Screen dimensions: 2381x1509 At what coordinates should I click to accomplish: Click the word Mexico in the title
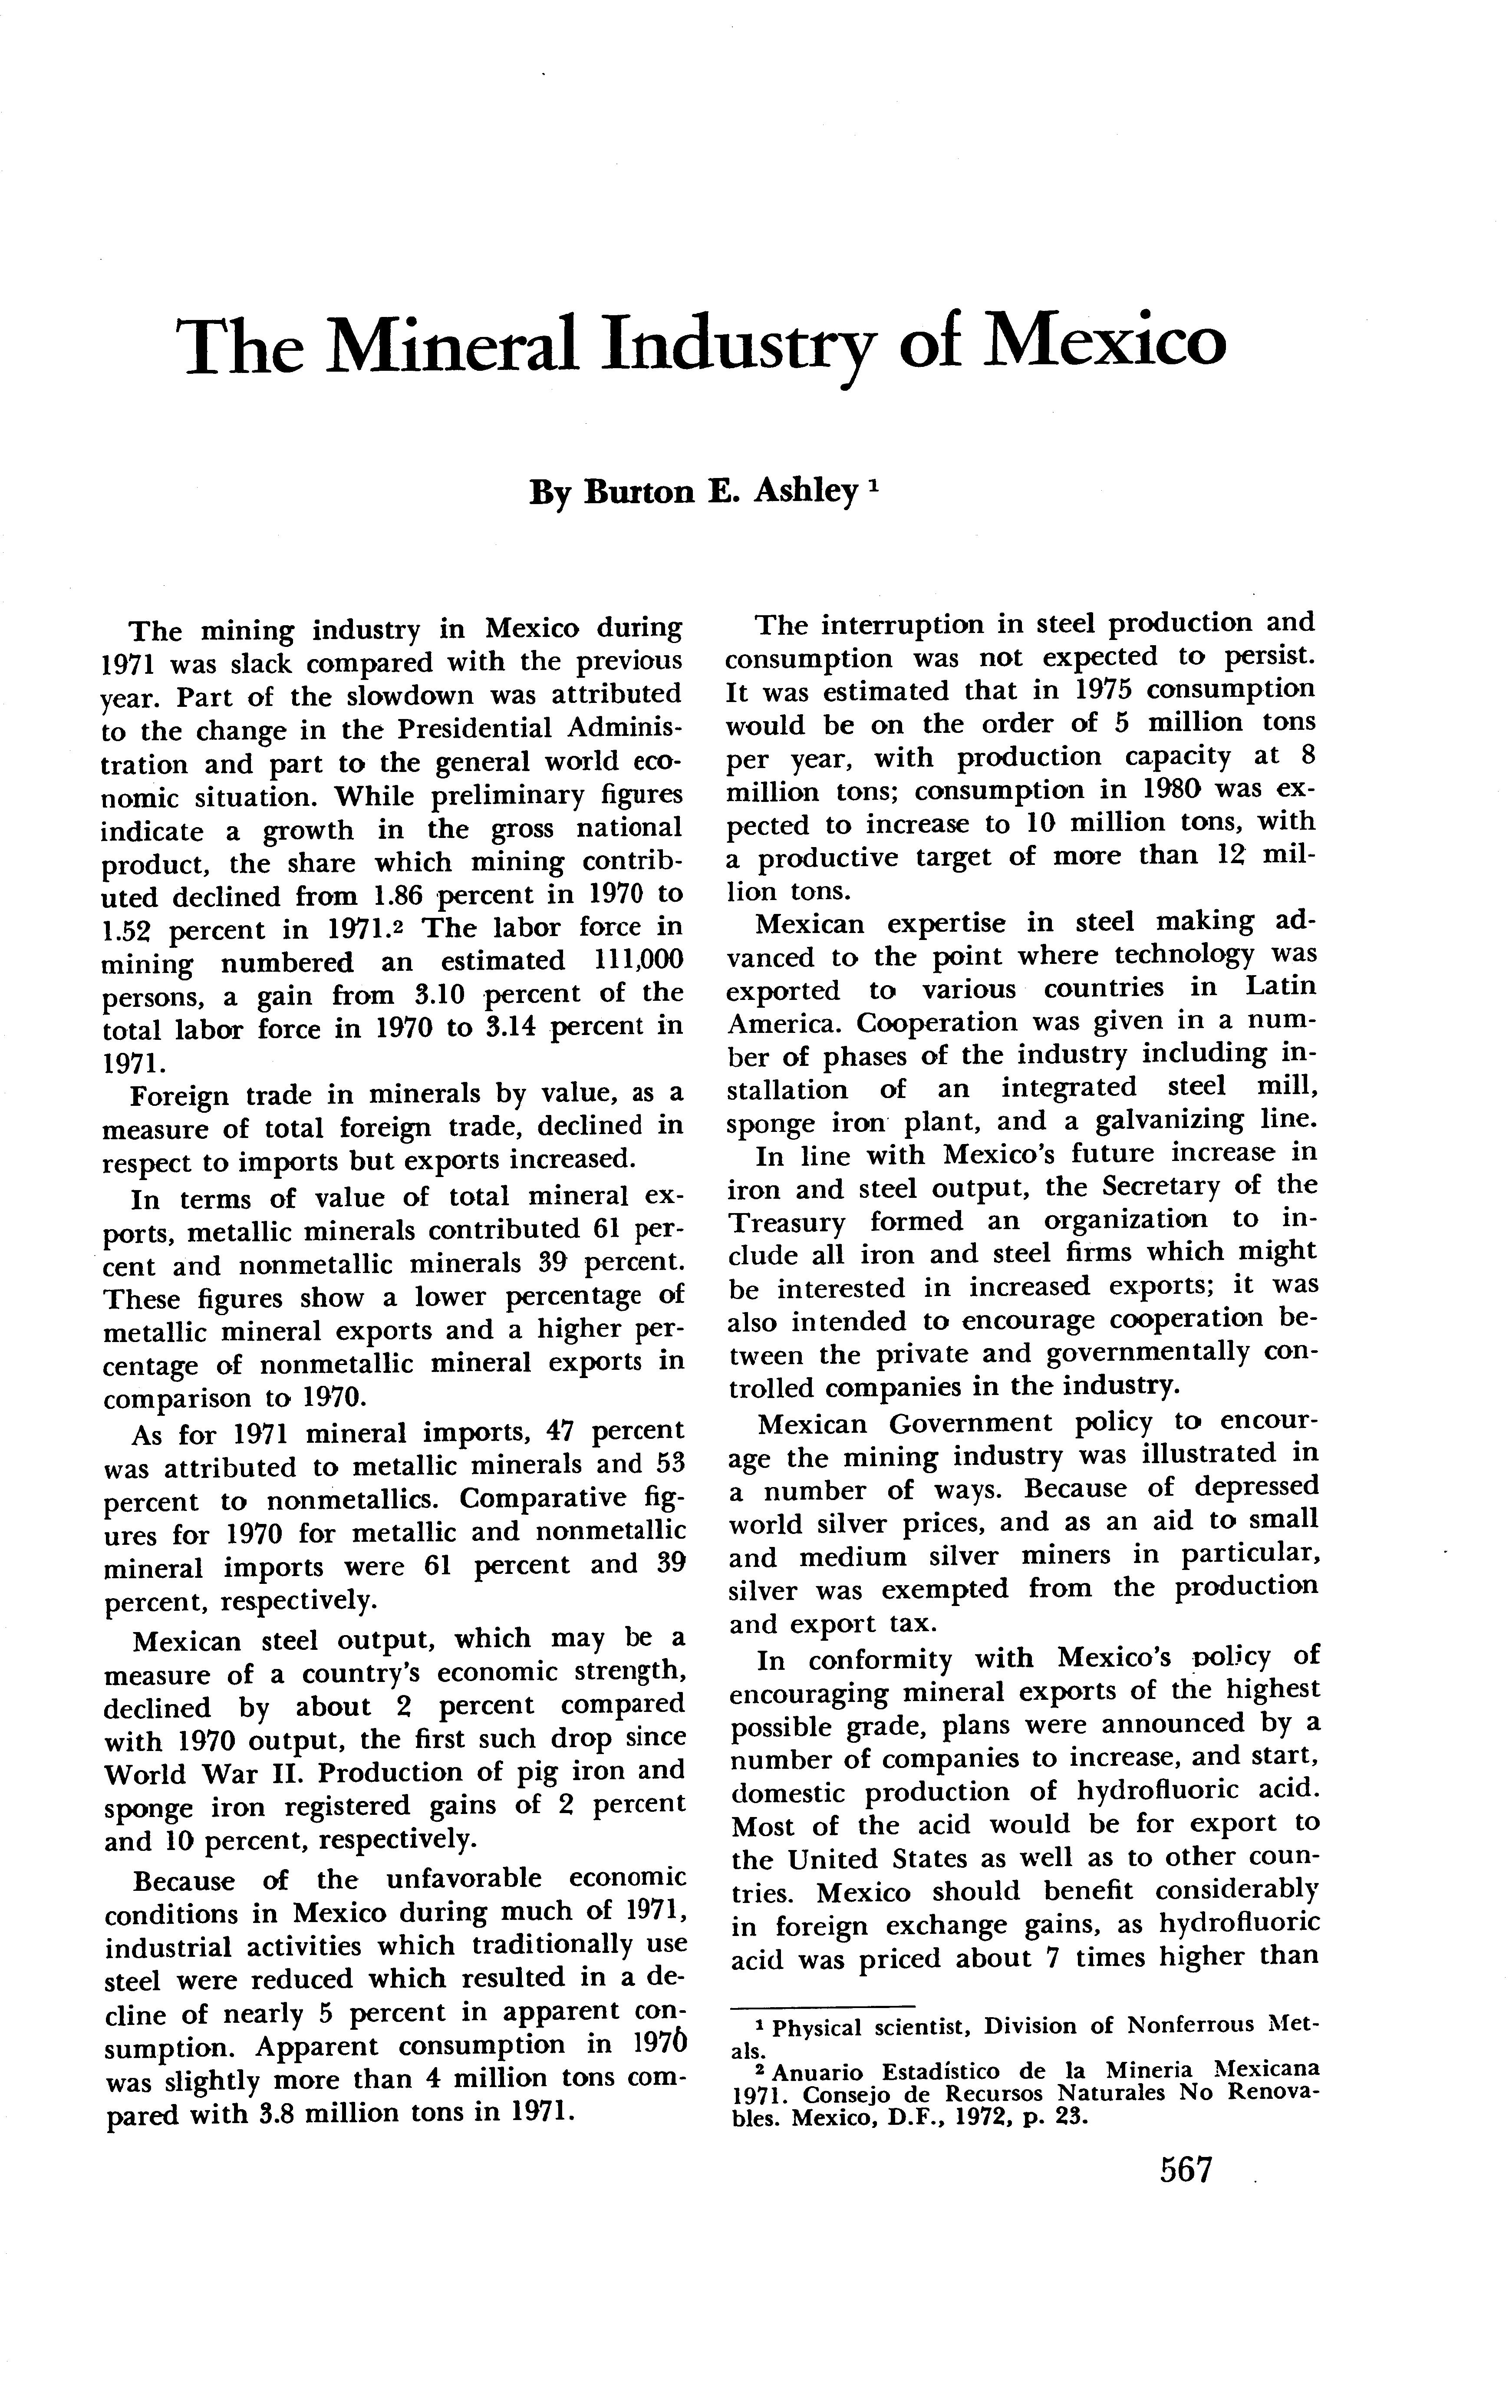(1108, 343)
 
